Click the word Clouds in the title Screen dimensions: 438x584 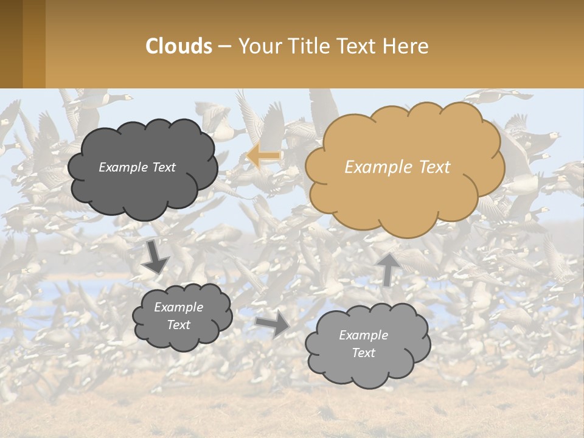[179, 46]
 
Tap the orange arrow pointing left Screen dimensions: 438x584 [263, 156]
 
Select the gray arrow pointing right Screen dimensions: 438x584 [273, 325]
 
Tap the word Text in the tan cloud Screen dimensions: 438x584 [434, 167]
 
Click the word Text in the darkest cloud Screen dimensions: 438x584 [163, 167]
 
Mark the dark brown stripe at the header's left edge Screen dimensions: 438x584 [11, 44]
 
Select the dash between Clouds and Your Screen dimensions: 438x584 [225, 46]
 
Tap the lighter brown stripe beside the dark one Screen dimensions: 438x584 [34, 44]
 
